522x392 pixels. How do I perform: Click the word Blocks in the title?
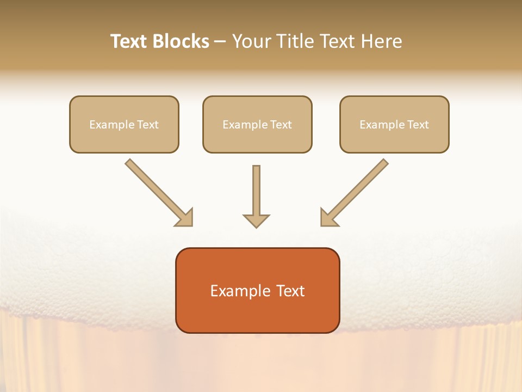[x=181, y=41]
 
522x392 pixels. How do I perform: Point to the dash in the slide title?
[x=220, y=42]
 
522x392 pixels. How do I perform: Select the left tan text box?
[x=124, y=124]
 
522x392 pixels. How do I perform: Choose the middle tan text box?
[x=257, y=124]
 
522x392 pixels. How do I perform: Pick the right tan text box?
[x=394, y=124]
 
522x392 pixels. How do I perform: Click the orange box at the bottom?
[x=257, y=290]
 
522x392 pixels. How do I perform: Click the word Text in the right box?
[x=418, y=125]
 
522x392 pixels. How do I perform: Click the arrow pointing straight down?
[x=256, y=196]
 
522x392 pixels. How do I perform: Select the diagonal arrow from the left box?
[x=158, y=192]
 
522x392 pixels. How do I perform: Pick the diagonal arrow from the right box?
[x=356, y=191]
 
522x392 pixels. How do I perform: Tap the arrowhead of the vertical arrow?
[x=256, y=220]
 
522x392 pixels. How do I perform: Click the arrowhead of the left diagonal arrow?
[x=185, y=218]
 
